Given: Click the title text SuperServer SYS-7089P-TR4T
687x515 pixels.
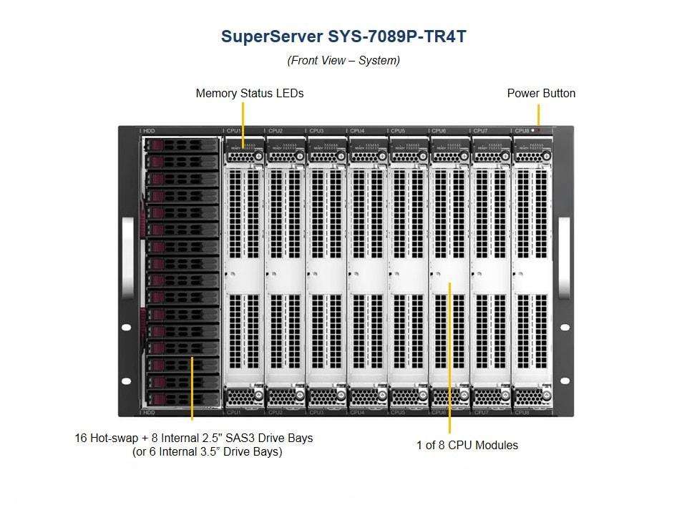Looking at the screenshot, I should (343, 36).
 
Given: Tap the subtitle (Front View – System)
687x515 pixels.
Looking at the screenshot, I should (343, 61).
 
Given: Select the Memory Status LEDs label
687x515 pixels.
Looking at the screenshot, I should (249, 94).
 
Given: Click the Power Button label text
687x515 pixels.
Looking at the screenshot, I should (541, 94).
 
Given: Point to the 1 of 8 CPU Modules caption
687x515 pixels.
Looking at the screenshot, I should (467, 445).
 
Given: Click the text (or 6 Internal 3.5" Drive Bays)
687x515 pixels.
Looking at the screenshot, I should (208, 452).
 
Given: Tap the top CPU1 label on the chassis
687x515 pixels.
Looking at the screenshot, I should (234, 131).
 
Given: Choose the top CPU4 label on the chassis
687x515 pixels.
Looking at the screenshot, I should (357, 131).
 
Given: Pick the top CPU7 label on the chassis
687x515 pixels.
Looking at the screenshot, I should (480, 131).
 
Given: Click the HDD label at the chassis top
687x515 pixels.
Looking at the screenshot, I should (149, 131).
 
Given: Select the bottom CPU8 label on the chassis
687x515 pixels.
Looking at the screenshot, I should (522, 413).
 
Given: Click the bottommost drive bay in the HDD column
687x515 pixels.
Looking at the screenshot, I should (182, 398).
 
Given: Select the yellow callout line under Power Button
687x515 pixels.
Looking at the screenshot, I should (538, 114).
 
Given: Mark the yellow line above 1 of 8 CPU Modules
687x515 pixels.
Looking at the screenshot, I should (449, 358).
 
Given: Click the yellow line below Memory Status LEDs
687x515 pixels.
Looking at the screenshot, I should (243, 122).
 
